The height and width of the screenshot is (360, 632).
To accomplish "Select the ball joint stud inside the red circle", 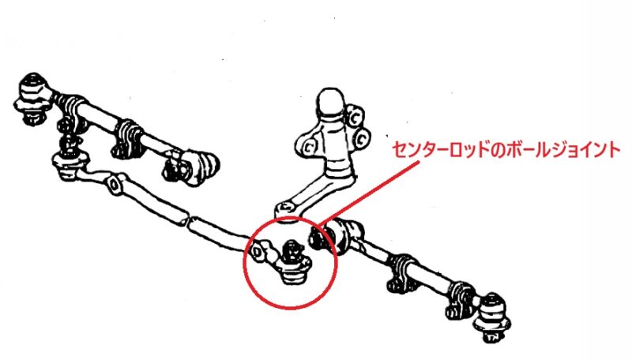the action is click(292, 251).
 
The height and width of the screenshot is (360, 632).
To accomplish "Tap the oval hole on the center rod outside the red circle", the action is click(114, 185).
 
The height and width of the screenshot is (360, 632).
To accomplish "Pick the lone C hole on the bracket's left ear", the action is click(309, 148).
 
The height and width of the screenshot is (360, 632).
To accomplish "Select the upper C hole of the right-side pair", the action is click(354, 118).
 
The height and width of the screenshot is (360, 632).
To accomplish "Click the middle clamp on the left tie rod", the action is click(128, 139).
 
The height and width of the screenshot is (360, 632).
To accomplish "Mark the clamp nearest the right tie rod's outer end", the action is click(457, 298).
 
